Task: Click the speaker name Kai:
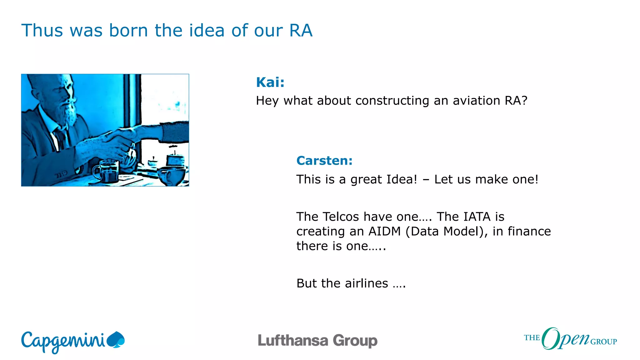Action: (270, 82)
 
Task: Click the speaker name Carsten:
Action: (324, 161)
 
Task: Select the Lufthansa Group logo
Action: (317, 341)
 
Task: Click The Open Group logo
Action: (570, 339)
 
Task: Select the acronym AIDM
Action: (384, 232)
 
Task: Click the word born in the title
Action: (128, 31)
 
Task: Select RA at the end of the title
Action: (301, 31)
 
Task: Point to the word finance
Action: (529, 232)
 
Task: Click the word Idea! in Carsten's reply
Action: (402, 180)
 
